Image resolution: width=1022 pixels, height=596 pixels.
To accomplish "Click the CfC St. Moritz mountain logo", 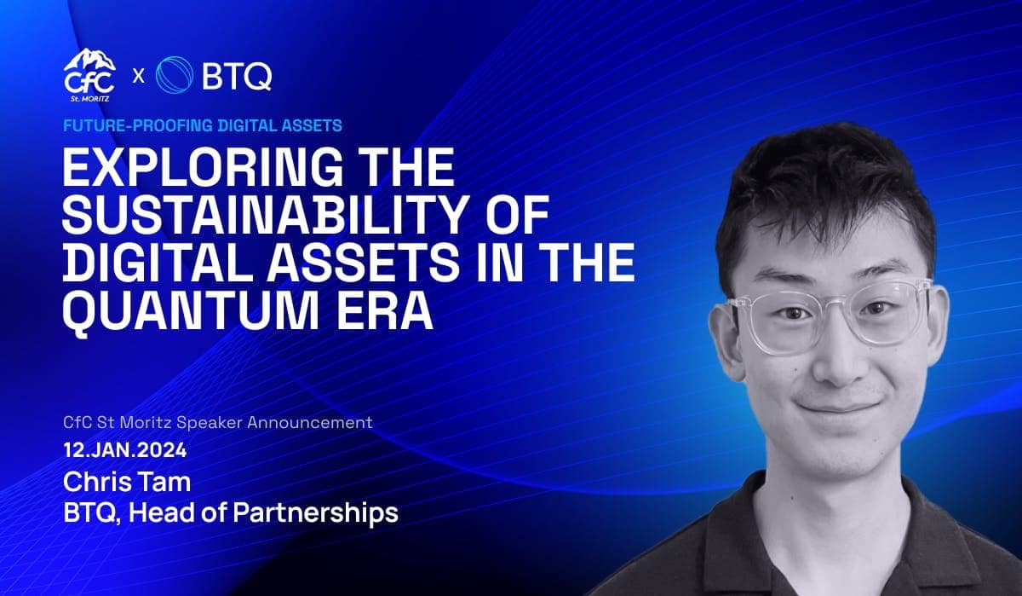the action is point(89,75).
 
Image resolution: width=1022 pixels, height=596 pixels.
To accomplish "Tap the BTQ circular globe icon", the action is point(175,75).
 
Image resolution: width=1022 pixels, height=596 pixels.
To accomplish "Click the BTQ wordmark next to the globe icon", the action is point(237,76).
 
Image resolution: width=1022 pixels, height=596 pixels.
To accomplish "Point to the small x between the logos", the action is point(138,76).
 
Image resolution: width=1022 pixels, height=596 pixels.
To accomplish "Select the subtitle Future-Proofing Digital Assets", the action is point(203,125).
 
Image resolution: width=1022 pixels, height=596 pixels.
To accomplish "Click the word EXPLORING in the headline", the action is point(203,167).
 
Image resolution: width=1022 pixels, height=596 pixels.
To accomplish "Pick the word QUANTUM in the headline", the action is point(190,312).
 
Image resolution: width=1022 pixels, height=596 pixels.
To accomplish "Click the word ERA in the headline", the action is point(385,311).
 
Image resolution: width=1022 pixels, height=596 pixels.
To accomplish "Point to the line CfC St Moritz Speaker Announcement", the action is point(218,422).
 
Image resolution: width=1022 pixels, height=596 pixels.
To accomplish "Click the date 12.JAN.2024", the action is point(125,450).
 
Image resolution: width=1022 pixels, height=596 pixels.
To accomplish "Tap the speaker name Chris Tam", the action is point(127,483).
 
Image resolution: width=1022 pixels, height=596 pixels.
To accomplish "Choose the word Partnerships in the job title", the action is point(316,513).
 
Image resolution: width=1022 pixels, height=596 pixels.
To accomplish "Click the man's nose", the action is point(838,361).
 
